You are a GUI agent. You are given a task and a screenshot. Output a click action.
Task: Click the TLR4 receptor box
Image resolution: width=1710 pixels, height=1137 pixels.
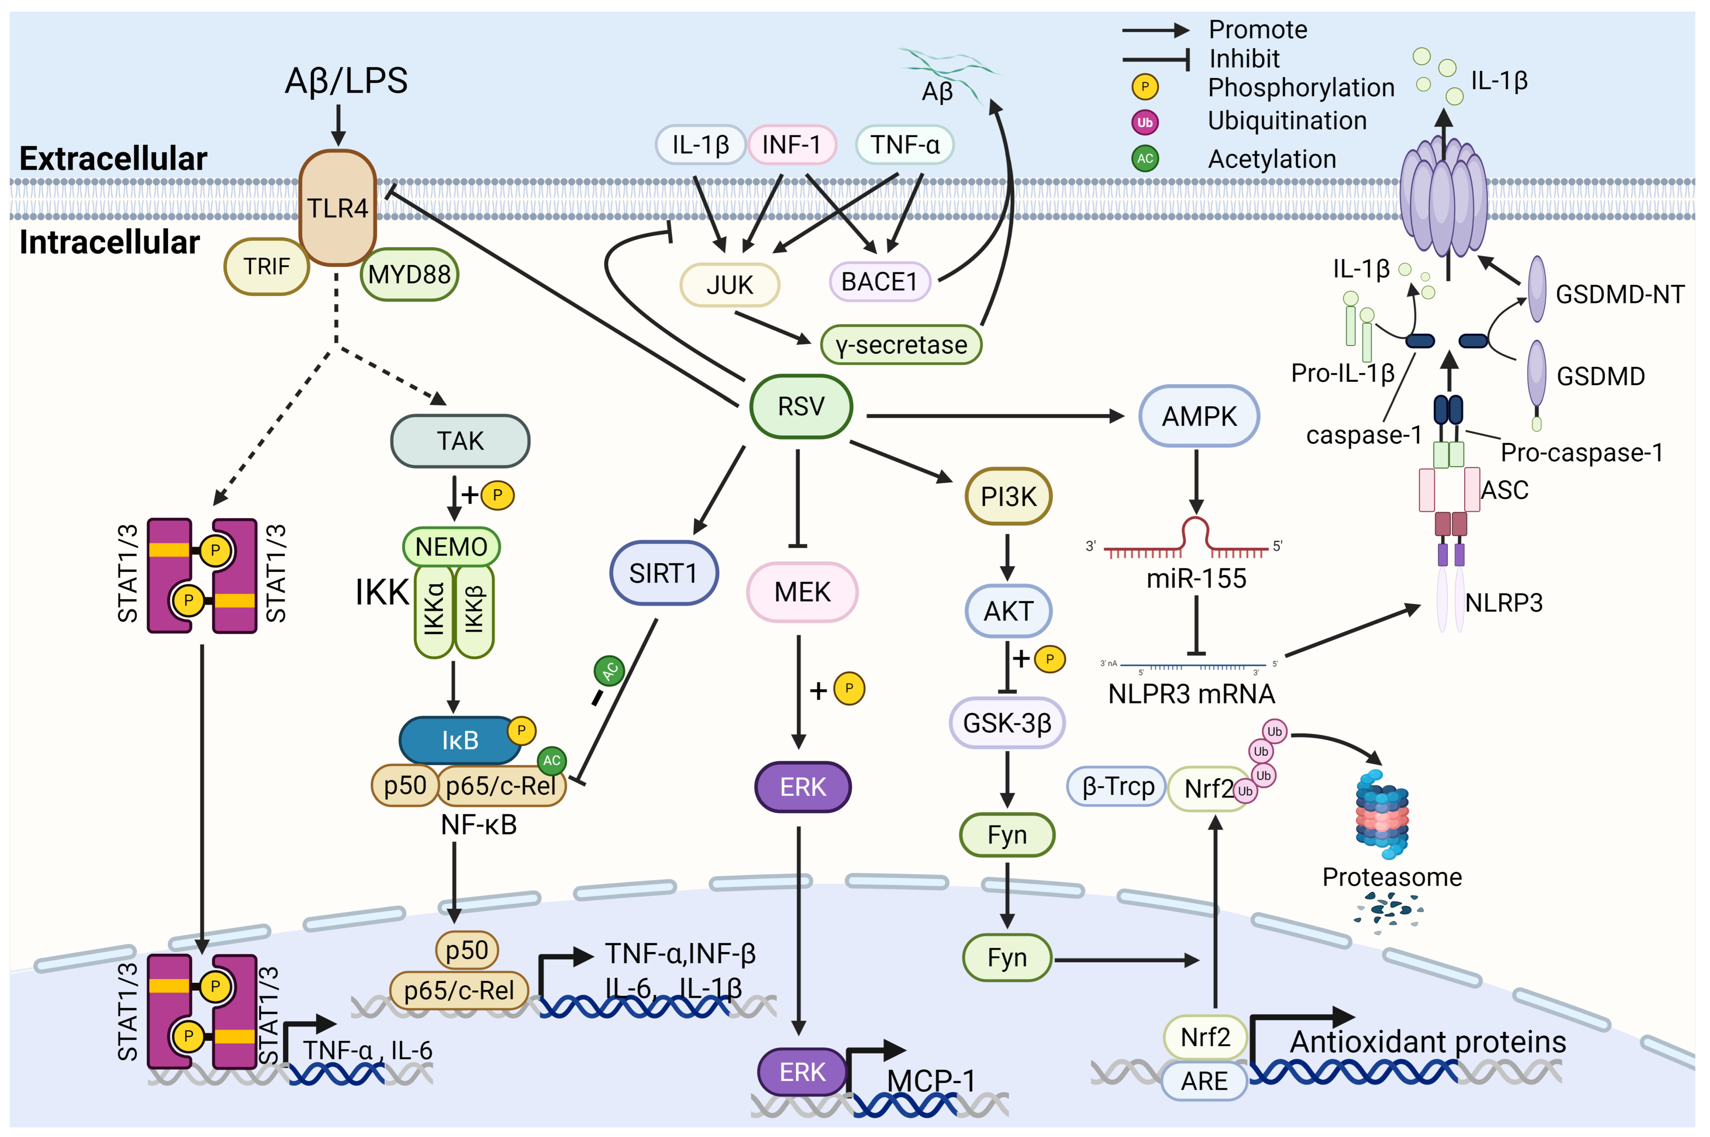(337, 208)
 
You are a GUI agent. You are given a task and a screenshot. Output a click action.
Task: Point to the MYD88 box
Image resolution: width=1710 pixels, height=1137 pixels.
(409, 274)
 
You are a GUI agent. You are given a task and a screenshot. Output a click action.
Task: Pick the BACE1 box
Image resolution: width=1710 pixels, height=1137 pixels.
(879, 281)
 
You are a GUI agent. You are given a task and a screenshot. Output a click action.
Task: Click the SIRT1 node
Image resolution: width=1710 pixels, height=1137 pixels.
(663, 573)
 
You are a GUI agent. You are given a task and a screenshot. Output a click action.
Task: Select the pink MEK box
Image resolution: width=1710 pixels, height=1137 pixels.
(802, 592)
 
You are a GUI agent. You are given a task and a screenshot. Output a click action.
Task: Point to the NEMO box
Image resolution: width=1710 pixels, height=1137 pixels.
(451, 546)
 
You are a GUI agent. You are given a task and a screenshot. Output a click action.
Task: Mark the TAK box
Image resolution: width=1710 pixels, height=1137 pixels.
(460, 441)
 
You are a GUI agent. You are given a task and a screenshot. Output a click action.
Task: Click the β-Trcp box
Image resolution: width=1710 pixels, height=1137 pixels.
(1117, 787)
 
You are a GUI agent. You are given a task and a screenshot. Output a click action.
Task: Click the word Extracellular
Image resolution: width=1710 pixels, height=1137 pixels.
(113, 158)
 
